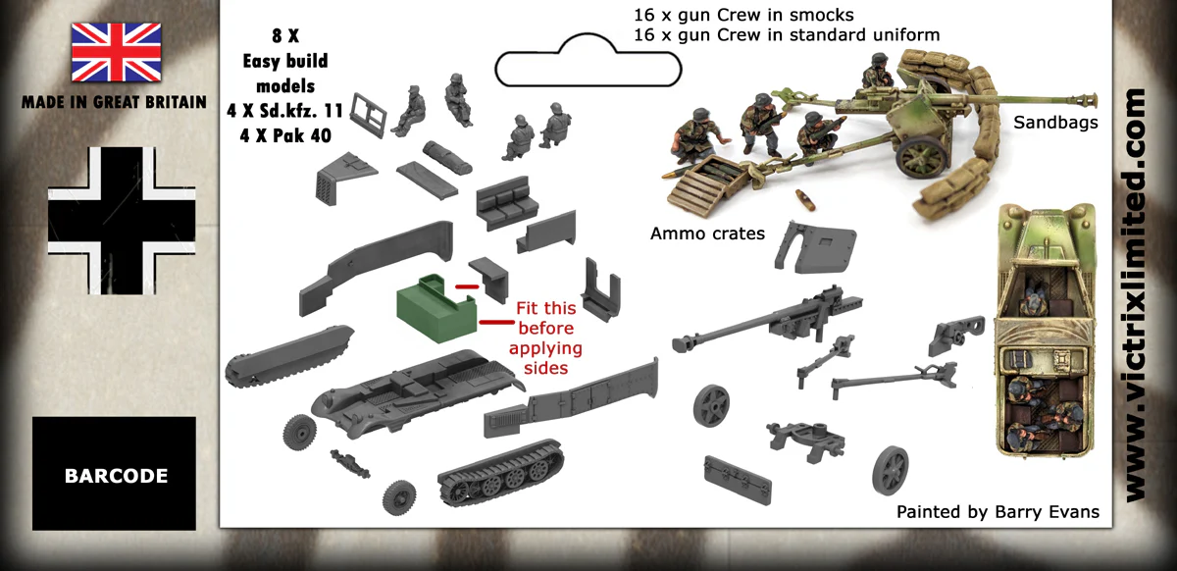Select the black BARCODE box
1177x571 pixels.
coord(115,475)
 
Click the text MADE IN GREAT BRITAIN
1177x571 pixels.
coord(114,102)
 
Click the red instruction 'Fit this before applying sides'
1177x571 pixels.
coord(549,337)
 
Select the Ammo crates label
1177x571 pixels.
coord(707,234)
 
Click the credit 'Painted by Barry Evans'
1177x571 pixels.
coord(998,512)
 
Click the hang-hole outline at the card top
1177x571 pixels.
coord(588,62)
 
